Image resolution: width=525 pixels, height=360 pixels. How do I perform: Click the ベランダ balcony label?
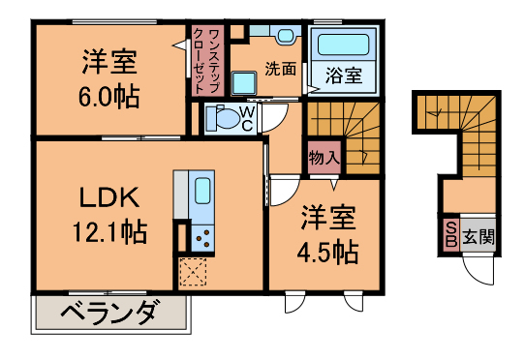(108, 312)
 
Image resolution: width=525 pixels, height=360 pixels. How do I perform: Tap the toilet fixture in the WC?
(225, 118)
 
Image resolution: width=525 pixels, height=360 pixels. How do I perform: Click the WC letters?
(247, 118)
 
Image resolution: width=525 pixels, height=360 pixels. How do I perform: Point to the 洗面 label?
(281, 69)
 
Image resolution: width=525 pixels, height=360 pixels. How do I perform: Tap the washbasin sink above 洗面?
(285, 36)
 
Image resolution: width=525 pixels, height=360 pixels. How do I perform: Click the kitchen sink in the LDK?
(201, 189)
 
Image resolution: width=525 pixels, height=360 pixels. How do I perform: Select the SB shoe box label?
(450, 234)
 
